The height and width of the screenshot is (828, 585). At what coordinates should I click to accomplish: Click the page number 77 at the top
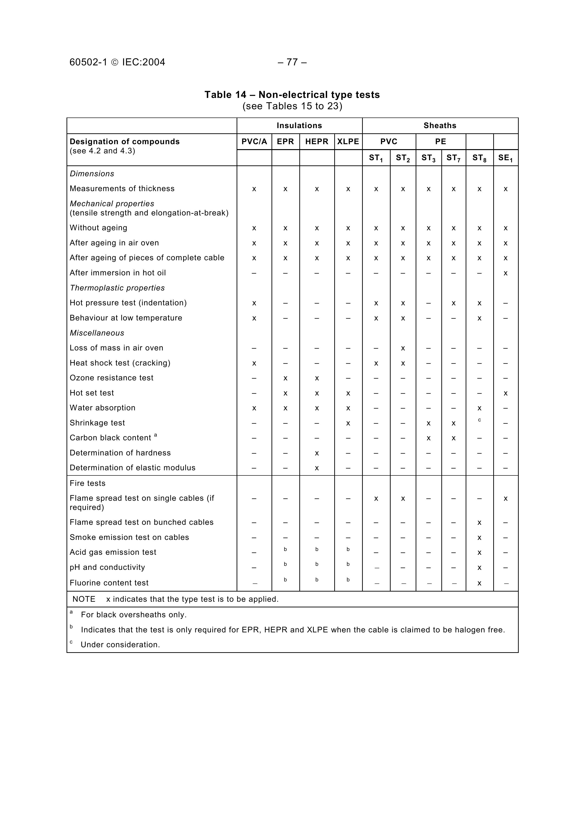pos(292,62)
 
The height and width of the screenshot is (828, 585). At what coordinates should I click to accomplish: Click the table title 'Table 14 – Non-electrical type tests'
pos(292,95)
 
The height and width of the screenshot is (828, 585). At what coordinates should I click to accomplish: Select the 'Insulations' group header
pos(299,126)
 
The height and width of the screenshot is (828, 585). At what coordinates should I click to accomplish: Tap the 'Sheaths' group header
pos(440,126)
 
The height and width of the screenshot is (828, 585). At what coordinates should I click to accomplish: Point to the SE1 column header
pos(505,158)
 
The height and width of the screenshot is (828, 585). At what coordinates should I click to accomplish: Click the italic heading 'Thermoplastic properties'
pos(117,288)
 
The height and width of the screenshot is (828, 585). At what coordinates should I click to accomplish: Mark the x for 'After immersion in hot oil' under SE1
pos(505,273)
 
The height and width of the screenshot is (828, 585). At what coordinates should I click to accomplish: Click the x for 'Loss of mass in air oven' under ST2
pos(403,348)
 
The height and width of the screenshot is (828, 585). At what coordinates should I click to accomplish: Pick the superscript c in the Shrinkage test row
pos(479,420)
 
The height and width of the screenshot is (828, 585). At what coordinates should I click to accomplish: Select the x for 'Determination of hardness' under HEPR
pos(317,453)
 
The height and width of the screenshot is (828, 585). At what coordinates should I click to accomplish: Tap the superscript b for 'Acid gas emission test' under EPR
pos(285,549)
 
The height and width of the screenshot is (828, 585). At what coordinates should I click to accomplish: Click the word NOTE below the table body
pos(84,599)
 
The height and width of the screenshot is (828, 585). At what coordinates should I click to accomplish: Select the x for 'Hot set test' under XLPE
pos(348,393)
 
